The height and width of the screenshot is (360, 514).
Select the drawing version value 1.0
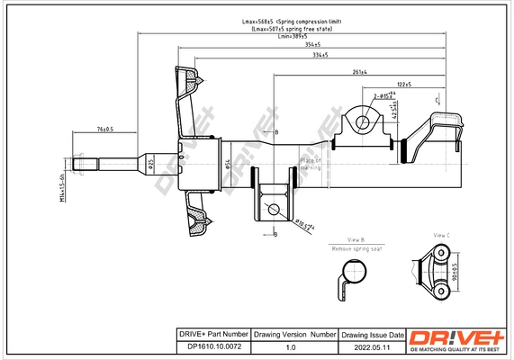290,346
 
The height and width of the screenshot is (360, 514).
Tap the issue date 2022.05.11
371,346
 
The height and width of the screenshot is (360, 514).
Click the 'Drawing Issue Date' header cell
372,334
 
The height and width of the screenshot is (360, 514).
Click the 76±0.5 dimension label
104,129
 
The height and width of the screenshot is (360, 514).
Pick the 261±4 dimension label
358,70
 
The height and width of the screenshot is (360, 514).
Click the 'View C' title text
440,235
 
